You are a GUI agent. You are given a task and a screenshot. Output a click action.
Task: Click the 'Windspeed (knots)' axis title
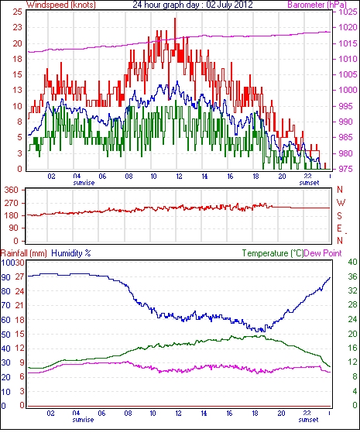pyautogui.click(x=61, y=5)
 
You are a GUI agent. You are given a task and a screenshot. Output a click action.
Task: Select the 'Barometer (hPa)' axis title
pyautogui.click(x=317, y=5)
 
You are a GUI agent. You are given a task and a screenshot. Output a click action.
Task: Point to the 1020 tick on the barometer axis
pyautogui.click(x=348, y=27)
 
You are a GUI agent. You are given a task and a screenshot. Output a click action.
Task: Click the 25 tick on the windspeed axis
pyautogui.click(x=18, y=12)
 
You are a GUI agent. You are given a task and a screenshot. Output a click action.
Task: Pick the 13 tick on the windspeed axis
pyautogui.click(x=18, y=90)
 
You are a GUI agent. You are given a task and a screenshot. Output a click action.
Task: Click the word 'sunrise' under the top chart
pyautogui.click(x=84, y=183)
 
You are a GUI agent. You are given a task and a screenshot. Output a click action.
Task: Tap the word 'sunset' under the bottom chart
pyautogui.click(x=308, y=419)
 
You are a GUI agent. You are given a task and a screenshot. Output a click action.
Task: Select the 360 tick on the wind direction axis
pyautogui.click(x=12, y=190)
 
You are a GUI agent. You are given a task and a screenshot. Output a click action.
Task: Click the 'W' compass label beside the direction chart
pyautogui.click(x=341, y=202)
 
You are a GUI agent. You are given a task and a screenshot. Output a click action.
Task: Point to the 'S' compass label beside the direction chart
pyautogui.click(x=339, y=215)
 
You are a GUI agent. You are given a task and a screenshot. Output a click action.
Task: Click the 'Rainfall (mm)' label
pyautogui.click(x=24, y=253)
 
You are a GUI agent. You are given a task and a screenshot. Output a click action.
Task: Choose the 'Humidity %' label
pyautogui.click(x=71, y=253)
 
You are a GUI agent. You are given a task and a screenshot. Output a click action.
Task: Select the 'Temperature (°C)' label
pyautogui.click(x=273, y=253)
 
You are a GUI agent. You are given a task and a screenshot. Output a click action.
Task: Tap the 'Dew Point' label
pyautogui.click(x=323, y=253)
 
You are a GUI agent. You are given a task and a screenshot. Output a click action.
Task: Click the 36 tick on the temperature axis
pyautogui.click(x=352, y=276)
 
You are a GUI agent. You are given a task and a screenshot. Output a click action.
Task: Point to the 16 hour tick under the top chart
pyautogui.click(x=230, y=177)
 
